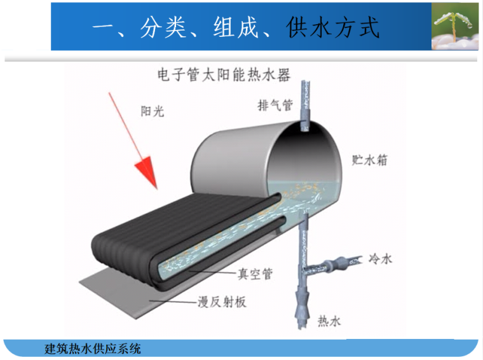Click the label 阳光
click(x=152, y=111)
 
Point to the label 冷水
click(x=381, y=259)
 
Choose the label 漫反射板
click(x=222, y=302)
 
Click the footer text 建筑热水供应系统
click(x=93, y=349)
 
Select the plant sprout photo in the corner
click(x=454, y=25)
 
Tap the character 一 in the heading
click(x=105, y=28)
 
